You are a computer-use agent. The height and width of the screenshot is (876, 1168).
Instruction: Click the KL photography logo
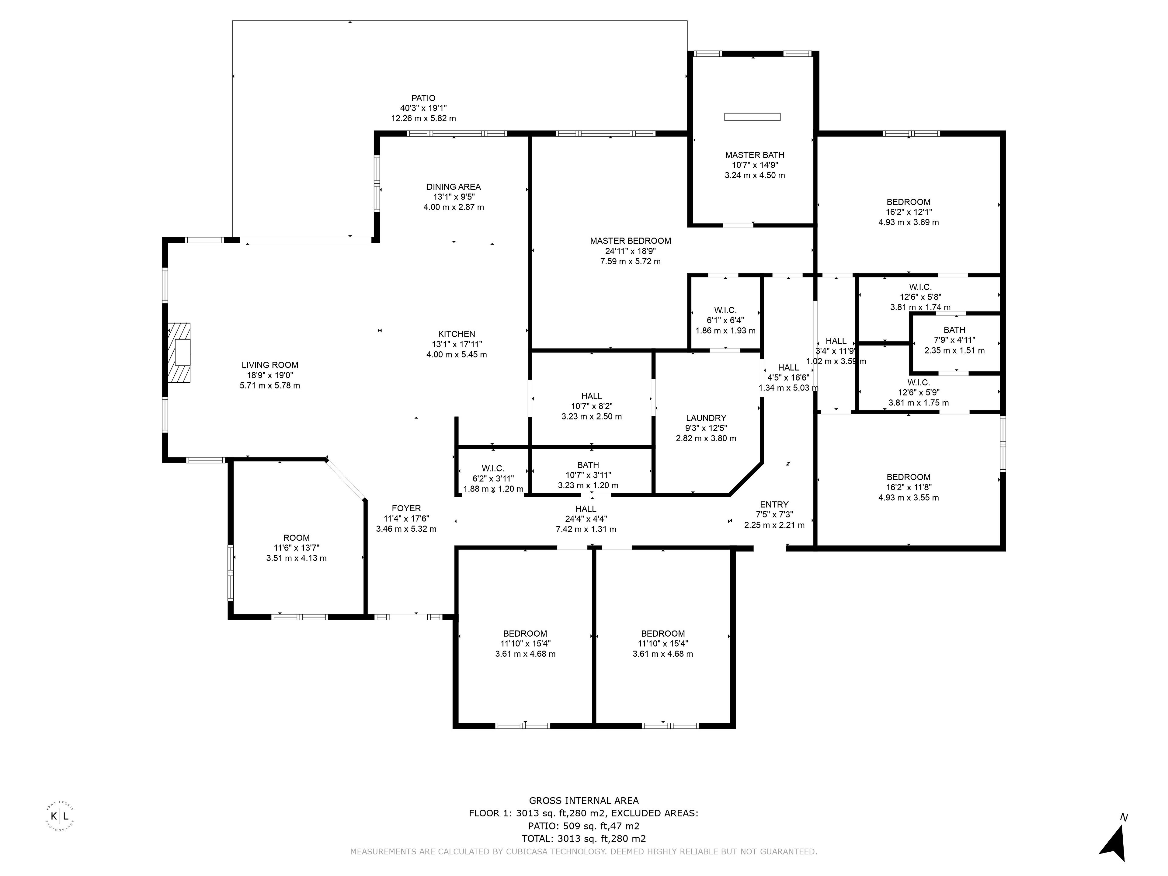[x=60, y=816]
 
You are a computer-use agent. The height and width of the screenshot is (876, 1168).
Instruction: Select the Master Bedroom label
[x=631, y=241]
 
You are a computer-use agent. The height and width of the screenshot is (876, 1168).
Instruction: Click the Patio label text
[x=423, y=98]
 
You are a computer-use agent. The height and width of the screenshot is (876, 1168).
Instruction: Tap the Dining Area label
[x=454, y=187]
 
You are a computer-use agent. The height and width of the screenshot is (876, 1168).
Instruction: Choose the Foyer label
[x=406, y=509]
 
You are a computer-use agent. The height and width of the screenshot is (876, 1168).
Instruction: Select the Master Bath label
[x=755, y=155]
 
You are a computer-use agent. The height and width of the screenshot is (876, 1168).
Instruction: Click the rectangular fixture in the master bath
[x=752, y=117]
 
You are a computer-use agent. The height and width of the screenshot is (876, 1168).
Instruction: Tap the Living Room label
[x=270, y=365]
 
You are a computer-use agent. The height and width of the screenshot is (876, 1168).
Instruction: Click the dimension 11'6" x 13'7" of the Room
[x=296, y=548]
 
